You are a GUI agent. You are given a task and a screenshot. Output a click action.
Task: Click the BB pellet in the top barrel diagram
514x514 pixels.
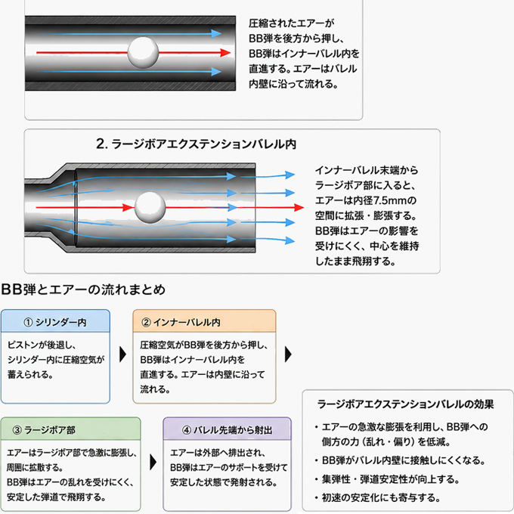[143, 52]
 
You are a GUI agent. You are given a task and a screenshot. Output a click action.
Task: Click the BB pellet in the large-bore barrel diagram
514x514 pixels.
[150, 208]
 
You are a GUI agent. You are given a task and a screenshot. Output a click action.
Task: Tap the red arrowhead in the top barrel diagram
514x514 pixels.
[225, 52]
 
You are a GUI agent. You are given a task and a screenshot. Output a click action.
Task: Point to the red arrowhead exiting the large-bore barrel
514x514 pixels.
[299, 208]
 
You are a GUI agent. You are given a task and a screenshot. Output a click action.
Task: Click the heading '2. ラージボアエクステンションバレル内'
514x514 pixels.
[196, 144]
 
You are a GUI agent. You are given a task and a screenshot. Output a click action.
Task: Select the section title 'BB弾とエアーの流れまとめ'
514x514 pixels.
[83, 290]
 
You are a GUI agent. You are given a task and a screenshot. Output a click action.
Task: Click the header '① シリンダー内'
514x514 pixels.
[55, 322]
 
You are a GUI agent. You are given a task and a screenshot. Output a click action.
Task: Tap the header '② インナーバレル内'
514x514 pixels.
[181, 322]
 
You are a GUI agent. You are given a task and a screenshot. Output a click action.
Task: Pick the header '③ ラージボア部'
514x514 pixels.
[44, 430]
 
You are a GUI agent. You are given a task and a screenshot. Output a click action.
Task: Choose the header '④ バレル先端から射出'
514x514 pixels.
[228, 430]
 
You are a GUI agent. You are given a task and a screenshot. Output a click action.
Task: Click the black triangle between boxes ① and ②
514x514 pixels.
[123, 354]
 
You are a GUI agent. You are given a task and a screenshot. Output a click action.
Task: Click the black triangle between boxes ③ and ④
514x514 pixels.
[153, 462]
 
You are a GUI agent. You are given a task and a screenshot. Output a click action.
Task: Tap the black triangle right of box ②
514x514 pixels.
[288, 354]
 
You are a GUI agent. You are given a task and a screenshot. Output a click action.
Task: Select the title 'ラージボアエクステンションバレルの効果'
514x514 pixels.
[405, 404]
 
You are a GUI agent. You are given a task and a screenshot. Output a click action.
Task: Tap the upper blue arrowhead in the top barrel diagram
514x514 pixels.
[215, 33]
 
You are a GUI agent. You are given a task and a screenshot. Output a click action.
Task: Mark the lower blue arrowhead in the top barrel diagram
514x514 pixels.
[215, 72]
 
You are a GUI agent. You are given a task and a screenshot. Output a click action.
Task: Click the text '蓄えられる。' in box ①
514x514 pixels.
[30, 374]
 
